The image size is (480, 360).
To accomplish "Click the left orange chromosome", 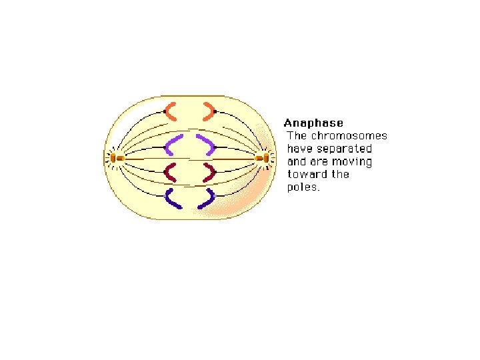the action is [x=170, y=111].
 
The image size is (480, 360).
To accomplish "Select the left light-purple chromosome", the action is [x=175, y=143].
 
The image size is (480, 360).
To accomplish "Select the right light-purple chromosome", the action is [x=205, y=143].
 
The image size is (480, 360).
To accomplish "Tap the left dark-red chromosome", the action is [x=171, y=173].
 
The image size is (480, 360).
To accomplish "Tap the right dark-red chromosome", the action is [x=211, y=173].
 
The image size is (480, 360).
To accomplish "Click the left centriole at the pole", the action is [x=115, y=158].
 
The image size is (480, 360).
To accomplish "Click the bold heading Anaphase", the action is [x=313, y=123].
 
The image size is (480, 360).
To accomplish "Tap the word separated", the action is [x=348, y=149].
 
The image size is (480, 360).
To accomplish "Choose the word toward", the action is [x=307, y=175].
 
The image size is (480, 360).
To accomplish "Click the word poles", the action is [x=303, y=187].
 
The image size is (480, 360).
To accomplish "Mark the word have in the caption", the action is [x=299, y=149].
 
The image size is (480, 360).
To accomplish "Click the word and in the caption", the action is [x=297, y=162].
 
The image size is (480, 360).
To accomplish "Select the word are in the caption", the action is [x=319, y=162].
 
